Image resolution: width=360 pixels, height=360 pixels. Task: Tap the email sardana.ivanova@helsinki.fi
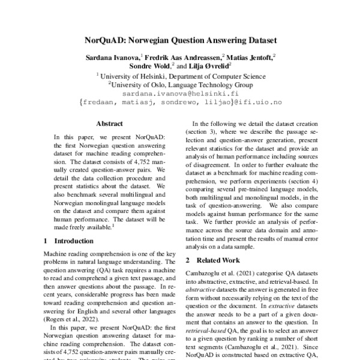[x=180, y=94]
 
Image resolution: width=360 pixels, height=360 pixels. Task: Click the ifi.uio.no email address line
[x=180, y=103]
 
